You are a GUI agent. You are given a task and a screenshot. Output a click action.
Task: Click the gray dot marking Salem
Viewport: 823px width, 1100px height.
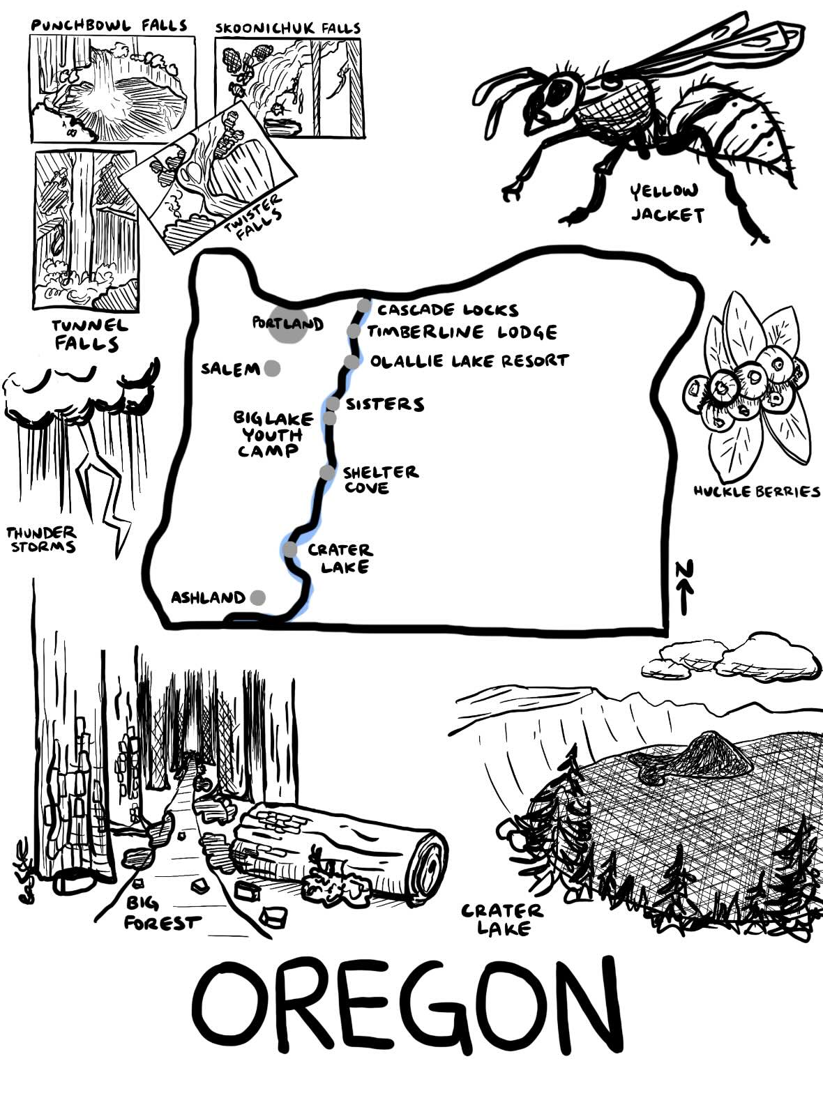tap(272, 368)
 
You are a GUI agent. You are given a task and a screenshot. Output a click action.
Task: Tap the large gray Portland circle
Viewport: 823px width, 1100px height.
tap(287, 324)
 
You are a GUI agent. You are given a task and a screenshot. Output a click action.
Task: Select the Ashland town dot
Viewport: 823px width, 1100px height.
tap(257, 597)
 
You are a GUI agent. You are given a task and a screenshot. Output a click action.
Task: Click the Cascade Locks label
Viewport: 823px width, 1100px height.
tap(448, 310)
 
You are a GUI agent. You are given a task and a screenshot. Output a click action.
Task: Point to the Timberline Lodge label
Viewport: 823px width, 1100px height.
tap(462, 333)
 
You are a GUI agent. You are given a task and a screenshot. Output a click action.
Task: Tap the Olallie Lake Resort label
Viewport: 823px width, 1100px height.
tap(469, 361)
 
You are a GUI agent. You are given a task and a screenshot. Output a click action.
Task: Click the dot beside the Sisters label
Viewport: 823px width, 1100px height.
tap(333, 404)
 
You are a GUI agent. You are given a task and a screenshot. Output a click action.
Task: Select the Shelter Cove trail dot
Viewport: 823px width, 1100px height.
tap(327, 473)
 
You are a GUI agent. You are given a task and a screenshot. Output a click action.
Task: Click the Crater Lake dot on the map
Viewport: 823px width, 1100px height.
tap(290, 550)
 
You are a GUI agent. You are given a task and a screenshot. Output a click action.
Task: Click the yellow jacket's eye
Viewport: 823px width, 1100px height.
tap(559, 89)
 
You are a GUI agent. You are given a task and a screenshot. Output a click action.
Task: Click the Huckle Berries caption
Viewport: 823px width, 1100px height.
tap(757, 491)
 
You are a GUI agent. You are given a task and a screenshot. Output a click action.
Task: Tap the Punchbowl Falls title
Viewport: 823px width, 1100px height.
tap(110, 26)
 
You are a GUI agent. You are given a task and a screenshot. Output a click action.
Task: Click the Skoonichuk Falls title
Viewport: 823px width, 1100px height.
tap(287, 29)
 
